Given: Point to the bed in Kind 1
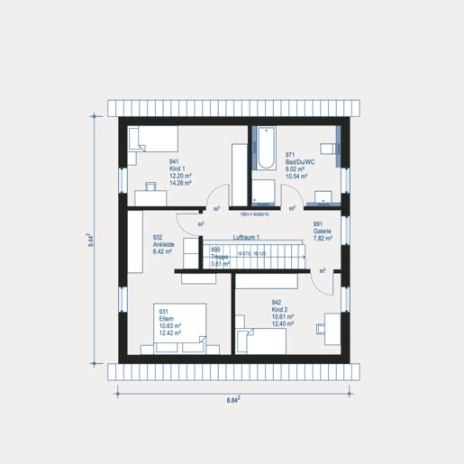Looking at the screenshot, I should (153, 141).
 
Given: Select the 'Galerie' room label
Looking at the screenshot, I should (323, 231).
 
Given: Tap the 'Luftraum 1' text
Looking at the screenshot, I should (246, 237).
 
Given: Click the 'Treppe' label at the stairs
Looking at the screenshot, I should (220, 257).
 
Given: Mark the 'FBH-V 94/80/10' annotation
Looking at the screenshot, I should (259, 215).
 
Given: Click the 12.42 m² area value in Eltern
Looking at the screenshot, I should (170, 332).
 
